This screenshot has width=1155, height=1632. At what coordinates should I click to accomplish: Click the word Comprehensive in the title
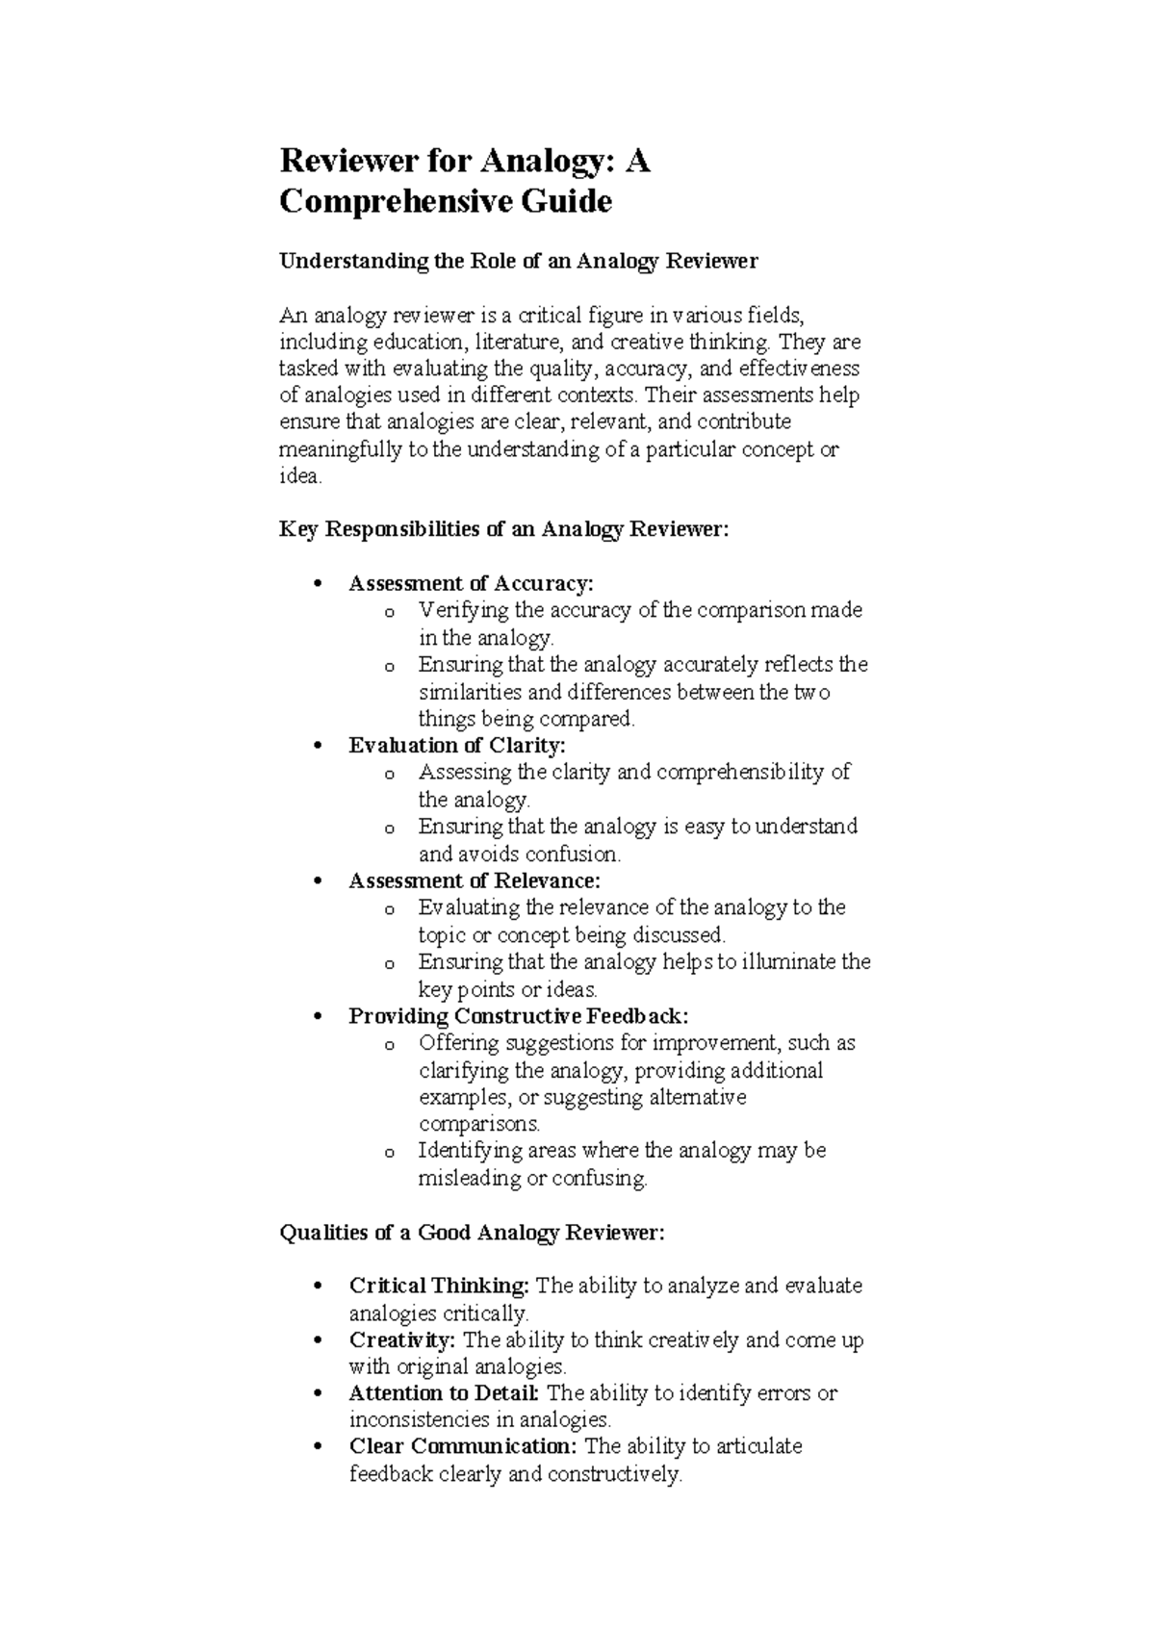[391, 203]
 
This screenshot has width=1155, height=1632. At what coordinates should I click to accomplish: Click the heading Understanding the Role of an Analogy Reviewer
[519, 261]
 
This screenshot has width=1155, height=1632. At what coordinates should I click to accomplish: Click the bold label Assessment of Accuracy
[471, 583]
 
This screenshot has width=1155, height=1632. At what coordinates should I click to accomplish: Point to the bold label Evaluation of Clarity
[457, 745]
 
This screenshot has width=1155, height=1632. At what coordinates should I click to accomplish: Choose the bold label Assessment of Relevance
[474, 880]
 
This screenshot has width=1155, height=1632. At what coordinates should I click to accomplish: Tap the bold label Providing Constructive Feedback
[518, 1016]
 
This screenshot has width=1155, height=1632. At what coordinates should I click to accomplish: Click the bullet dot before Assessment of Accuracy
[317, 584]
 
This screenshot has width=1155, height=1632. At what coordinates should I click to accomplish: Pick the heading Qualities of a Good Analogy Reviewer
[472, 1233]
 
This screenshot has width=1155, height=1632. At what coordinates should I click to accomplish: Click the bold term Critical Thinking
[439, 1287]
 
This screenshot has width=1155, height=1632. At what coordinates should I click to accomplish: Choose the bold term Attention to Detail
[445, 1393]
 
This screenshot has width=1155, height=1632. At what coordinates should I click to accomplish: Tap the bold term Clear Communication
[463, 1446]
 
